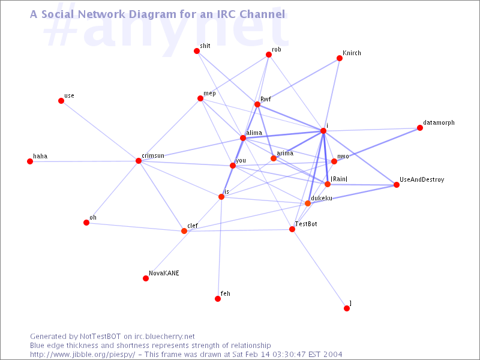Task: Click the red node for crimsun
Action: pyautogui.click(x=139, y=161)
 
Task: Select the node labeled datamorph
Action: pyautogui.click(x=420, y=128)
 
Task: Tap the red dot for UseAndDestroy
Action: pyautogui.click(x=397, y=185)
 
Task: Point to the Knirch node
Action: pyautogui.click(x=340, y=58)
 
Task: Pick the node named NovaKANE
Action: pyautogui.click(x=146, y=278)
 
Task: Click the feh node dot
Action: pyautogui.click(x=218, y=298)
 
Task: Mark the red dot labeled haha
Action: pyautogui.click(x=30, y=161)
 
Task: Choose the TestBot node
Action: pyautogui.click(x=292, y=229)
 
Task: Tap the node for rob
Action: pyautogui.click(x=269, y=55)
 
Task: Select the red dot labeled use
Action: pyautogui.click(x=61, y=101)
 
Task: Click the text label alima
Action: pyautogui.click(x=254, y=133)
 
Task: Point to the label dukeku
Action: pyautogui.click(x=322, y=198)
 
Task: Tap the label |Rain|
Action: pyautogui.click(x=339, y=179)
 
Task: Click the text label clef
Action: pyautogui.click(x=193, y=226)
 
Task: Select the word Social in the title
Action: pyautogui.click(x=58, y=14)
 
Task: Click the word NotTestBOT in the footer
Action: pyautogui.click(x=100, y=337)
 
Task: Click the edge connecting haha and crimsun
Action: pyautogui.click(x=84, y=161)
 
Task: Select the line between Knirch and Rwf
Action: pyautogui.click(x=298, y=81)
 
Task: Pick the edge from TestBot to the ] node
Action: pyautogui.click(x=319, y=268)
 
